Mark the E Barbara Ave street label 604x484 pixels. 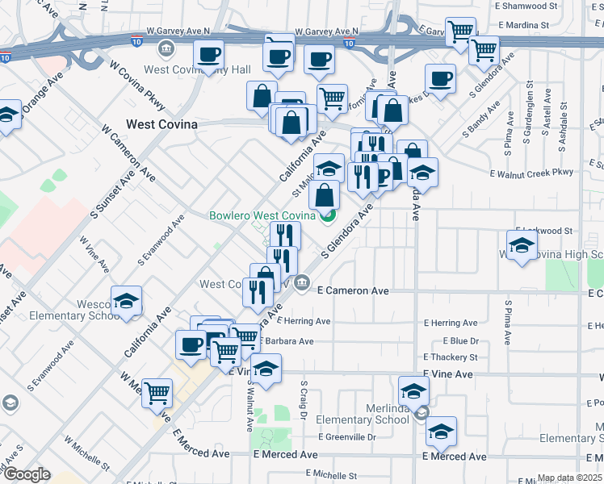(x=283, y=341)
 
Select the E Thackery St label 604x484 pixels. (x=451, y=357)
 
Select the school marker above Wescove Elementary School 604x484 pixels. (x=126, y=302)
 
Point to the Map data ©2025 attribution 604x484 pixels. (x=570, y=478)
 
